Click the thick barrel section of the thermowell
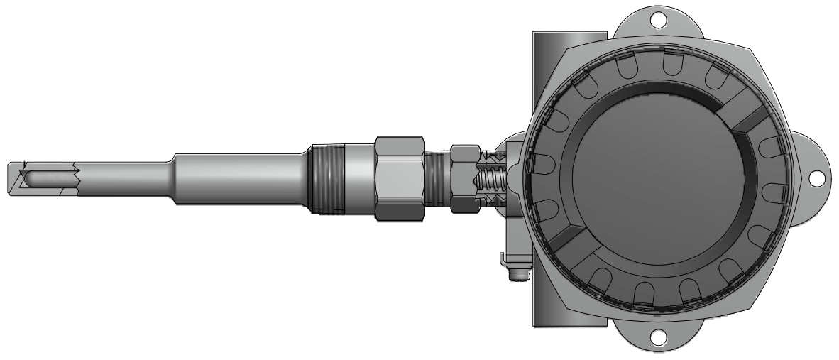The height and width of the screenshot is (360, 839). click(241, 178)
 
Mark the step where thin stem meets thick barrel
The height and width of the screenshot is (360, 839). click(172, 178)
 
